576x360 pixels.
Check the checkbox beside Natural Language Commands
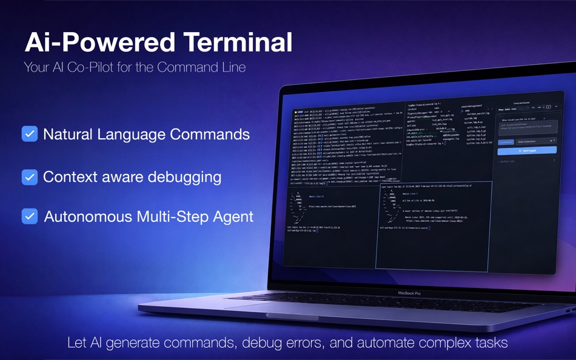pyautogui.click(x=30, y=134)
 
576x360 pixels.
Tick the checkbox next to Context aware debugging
pyautogui.click(x=30, y=177)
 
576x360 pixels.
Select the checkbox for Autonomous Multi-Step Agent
pyautogui.click(x=30, y=216)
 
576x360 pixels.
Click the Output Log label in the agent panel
pyautogui.click(x=507, y=161)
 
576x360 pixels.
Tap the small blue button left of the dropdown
pyautogui.click(x=505, y=141)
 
